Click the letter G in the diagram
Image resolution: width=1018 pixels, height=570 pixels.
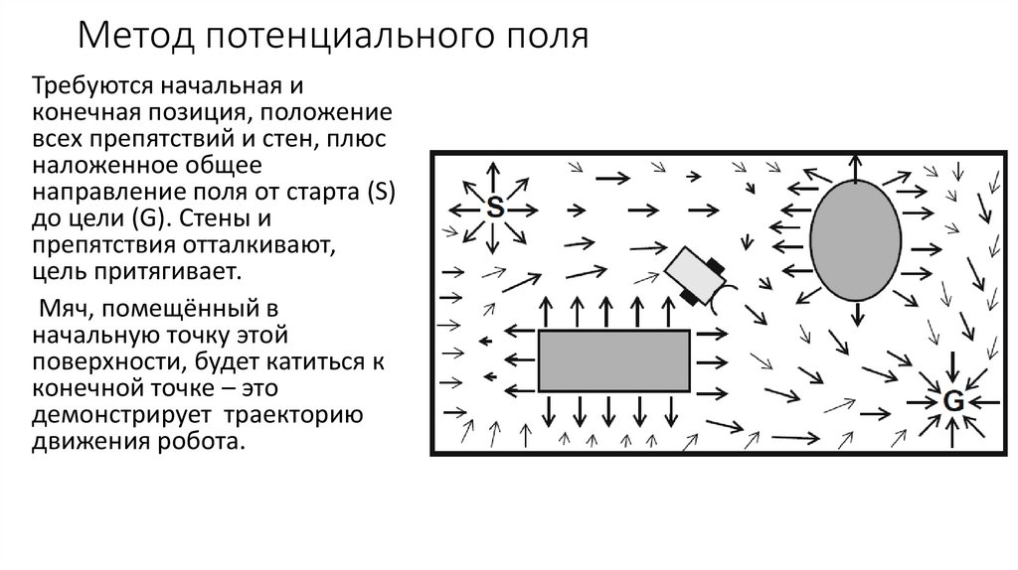pyautogui.click(x=951, y=401)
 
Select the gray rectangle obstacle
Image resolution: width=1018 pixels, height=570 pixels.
pyautogui.click(x=613, y=360)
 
